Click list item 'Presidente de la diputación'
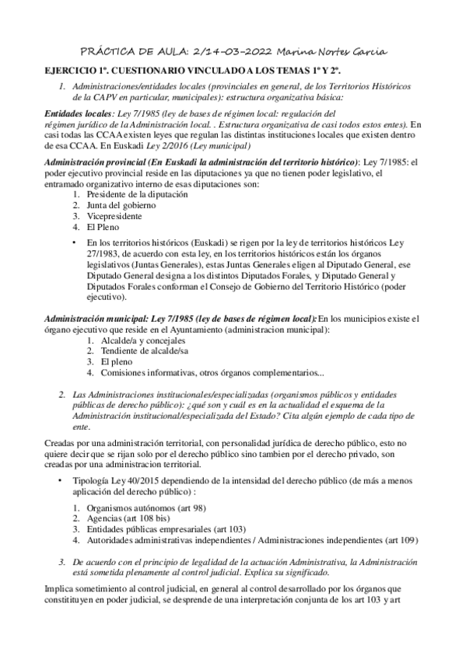coord(138,194)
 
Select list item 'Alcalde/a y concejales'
coord(130,340)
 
